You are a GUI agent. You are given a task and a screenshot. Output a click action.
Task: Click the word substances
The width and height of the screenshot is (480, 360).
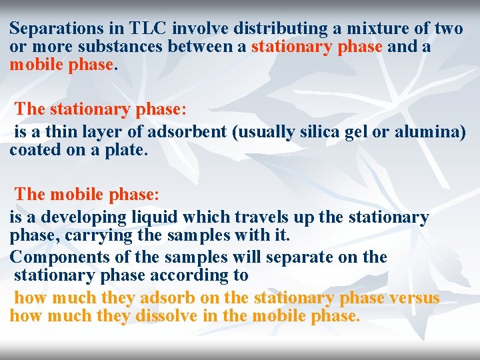[129, 47]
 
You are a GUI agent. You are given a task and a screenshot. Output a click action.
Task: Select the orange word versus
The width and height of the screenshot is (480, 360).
[414, 297]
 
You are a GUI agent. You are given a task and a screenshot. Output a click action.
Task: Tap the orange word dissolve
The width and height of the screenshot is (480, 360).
[166, 315]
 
